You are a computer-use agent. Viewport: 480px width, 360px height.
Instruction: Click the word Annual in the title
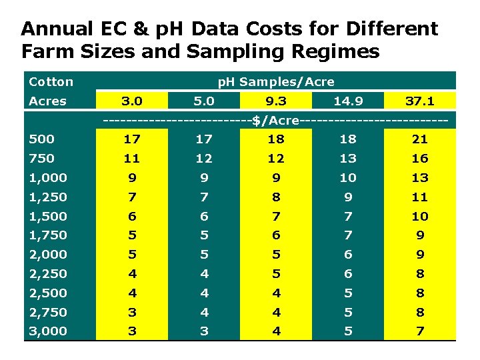click(56, 29)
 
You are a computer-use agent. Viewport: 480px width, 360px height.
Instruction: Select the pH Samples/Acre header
click(276, 82)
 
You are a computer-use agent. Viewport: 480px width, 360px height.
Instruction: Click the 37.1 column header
click(420, 101)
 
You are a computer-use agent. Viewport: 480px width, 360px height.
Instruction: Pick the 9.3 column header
click(275, 101)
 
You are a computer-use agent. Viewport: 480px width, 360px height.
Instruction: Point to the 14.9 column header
click(348, 101)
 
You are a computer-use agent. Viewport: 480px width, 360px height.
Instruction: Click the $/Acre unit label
click(275, 120)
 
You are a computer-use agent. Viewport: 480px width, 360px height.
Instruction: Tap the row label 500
click(42, 139)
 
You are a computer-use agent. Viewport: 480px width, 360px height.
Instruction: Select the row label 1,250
click(47, 197)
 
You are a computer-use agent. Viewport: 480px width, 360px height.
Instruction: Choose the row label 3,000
click(48, 331)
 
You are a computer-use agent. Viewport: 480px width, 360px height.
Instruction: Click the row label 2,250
click(48, 273)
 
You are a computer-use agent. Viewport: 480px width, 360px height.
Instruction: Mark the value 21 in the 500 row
click(420, 139)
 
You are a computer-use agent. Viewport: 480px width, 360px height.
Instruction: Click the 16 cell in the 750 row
click(420, 159)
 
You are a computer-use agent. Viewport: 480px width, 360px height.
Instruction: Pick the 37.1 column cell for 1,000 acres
click(420, 178)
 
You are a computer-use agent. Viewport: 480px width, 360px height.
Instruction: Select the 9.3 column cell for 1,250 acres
click(275, 197)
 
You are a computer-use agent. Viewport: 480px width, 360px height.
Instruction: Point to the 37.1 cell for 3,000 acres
click(420, 331)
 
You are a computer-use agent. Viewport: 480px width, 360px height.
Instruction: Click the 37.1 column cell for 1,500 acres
click(420, 217)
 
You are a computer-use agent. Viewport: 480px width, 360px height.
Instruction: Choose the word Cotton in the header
click(51, 82)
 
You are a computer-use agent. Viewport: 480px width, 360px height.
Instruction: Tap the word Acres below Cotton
click(47, 101)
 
